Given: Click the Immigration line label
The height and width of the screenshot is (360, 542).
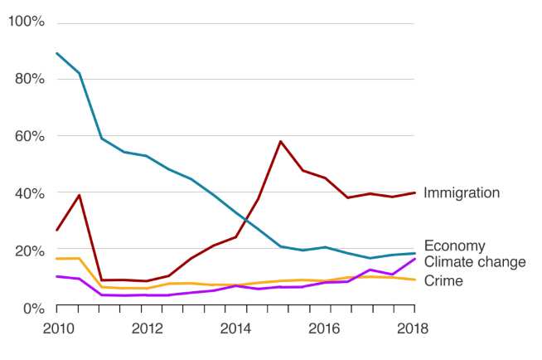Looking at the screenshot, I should click(x=462, y=193).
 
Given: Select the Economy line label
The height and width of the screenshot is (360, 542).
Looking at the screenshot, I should click(x=454, y=246).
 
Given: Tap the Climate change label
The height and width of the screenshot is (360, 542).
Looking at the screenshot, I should click(x=474, y=262).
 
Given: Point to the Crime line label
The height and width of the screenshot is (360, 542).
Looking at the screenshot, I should click(x=443, y=281).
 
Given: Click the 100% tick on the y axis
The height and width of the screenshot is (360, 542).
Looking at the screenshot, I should click(x=26, y=21).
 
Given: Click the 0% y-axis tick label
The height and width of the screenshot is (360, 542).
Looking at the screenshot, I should click(x=31, y=308).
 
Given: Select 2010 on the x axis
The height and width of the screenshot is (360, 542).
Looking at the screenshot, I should click(x=56, y=327).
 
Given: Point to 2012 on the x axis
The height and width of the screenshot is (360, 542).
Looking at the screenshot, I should click(x=145, y=327).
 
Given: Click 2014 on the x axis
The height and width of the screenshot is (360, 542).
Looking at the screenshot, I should click(x=235, y=327).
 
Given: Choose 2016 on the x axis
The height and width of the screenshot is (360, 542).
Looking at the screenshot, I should click(x=325, y=327).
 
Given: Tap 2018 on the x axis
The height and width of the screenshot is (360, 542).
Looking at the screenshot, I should click(x=413, y=327).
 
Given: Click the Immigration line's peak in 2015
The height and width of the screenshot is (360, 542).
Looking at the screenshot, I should click(x=280, y=141).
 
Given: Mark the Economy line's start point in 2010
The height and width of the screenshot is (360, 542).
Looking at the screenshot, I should click(x=56, y=53).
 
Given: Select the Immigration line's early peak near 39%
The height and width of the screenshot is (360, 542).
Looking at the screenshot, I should click(x=79, y=196).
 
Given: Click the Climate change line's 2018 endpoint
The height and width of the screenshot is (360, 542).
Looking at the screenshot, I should click(x=414, y=259).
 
